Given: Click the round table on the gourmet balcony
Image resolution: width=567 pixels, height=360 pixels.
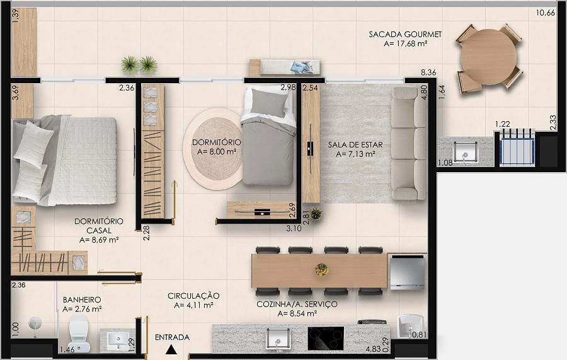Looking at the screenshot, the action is (489, 58).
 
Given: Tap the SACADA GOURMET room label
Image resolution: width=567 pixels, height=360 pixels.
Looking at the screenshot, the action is (405, 35).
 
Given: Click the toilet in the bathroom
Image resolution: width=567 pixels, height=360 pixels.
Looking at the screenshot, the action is (79, 334).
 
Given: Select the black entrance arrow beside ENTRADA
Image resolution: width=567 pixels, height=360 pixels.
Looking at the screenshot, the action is (171, 349).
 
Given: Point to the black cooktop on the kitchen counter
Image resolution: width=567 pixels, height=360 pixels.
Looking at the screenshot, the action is (326, 339).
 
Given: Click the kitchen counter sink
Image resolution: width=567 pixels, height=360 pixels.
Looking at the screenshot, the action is (278, 339).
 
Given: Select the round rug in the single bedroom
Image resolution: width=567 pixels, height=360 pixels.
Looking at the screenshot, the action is (214, 149).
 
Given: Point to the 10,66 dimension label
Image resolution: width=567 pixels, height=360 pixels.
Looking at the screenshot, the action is (546, 13).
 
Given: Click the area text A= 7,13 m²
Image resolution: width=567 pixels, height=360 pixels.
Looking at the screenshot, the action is (355, 154).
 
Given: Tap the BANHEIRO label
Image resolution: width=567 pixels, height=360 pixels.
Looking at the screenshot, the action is (82, 299).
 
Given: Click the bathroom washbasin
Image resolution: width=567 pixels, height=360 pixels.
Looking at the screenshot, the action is (117, 340).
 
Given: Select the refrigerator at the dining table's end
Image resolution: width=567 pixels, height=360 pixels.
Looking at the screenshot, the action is (407, 272).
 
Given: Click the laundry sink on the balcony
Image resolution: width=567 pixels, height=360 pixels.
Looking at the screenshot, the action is (466, 153).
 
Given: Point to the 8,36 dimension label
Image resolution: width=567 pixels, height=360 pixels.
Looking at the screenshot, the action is (428, 73).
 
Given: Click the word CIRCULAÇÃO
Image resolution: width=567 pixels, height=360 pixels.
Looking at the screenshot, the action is (193, 296).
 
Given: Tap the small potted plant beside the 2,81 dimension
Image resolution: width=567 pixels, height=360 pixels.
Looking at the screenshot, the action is (316, 214).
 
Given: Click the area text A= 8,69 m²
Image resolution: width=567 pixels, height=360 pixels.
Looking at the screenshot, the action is (99, 240).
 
